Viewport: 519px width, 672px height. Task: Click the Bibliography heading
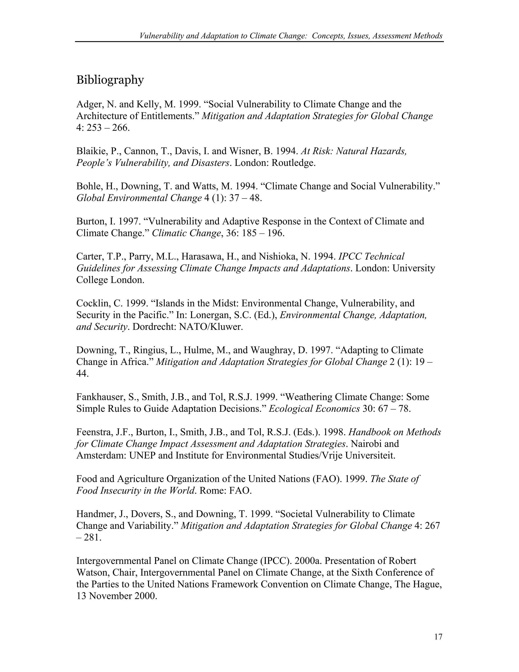coord(110,80)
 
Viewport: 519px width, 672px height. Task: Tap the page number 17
coord(438,636)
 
